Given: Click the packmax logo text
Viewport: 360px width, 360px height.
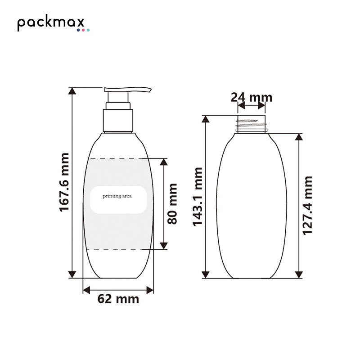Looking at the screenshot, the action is click(x=51, y=22).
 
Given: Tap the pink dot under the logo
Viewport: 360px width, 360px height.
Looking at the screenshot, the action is click(x=83, y=30).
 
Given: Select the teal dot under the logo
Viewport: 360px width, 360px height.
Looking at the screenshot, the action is click(x=88, y=30).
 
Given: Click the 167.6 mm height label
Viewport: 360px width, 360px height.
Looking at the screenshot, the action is click(x=64, y=182).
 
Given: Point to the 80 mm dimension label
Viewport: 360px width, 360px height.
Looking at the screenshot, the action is click(x=172, y=204).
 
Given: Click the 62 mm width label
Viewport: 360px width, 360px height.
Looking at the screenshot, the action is click(x=118, y=299).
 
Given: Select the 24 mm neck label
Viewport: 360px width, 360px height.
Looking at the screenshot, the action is click(x=252, y=97).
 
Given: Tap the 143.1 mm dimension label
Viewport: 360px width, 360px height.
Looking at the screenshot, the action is click(x=198, y=197).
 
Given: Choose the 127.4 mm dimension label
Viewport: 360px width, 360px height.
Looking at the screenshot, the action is click(x=308, y=206).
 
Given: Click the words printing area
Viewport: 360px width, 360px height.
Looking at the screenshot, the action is click(x=117, y=196).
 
